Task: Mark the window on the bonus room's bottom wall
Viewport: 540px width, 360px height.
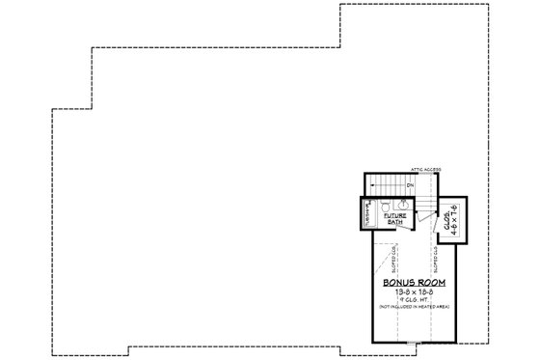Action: [x=415, y=342]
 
